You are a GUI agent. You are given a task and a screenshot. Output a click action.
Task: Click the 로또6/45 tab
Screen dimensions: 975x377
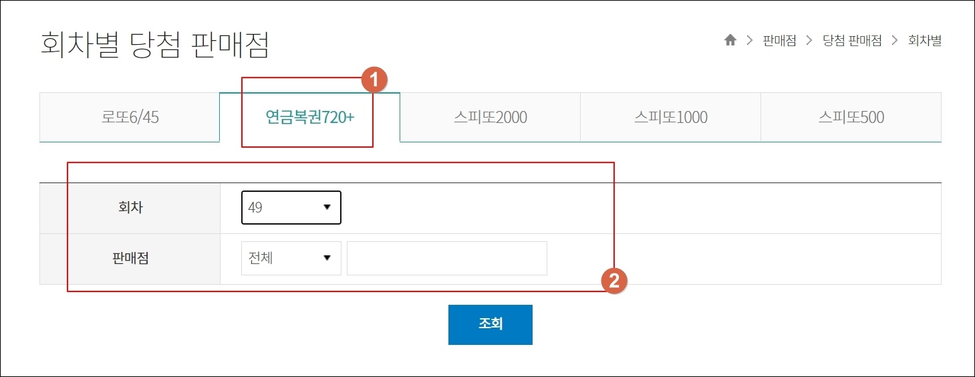(130, 118)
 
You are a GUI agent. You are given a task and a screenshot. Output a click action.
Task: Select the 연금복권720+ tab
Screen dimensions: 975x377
(310, 118)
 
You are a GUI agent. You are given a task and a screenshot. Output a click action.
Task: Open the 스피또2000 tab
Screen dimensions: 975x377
(490, 118)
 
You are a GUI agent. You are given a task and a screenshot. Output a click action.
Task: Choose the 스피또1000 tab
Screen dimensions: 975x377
(670, 118)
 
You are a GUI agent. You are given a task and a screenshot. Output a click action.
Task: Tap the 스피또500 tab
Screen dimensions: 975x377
(851, 118)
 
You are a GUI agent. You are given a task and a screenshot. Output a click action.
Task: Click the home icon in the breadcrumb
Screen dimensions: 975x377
(730, 41)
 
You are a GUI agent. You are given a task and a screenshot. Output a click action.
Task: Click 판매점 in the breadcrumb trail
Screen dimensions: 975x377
(779, 41)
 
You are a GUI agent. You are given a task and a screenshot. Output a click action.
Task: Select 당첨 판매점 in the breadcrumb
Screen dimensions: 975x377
(852, 41)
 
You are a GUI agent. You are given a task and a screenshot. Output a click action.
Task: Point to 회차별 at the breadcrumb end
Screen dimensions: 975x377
(924, 41)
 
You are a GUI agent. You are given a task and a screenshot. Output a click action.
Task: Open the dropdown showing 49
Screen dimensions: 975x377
(291, 207)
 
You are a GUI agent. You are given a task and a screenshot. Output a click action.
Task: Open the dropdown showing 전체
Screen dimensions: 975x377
(291, 258)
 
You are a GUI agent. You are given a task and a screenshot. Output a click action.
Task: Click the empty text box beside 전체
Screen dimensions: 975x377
(446, 258)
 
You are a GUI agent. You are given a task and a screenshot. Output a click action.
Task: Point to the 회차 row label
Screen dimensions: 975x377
(130, 207)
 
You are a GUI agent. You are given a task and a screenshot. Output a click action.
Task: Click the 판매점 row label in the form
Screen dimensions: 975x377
(130, 258)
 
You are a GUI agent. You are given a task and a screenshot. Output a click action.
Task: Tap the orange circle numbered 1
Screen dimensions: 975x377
(374, 80)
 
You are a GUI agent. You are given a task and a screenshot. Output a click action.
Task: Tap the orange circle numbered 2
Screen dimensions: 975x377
(614, 281)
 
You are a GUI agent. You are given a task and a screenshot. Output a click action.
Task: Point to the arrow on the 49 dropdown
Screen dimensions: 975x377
(327, 207)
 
